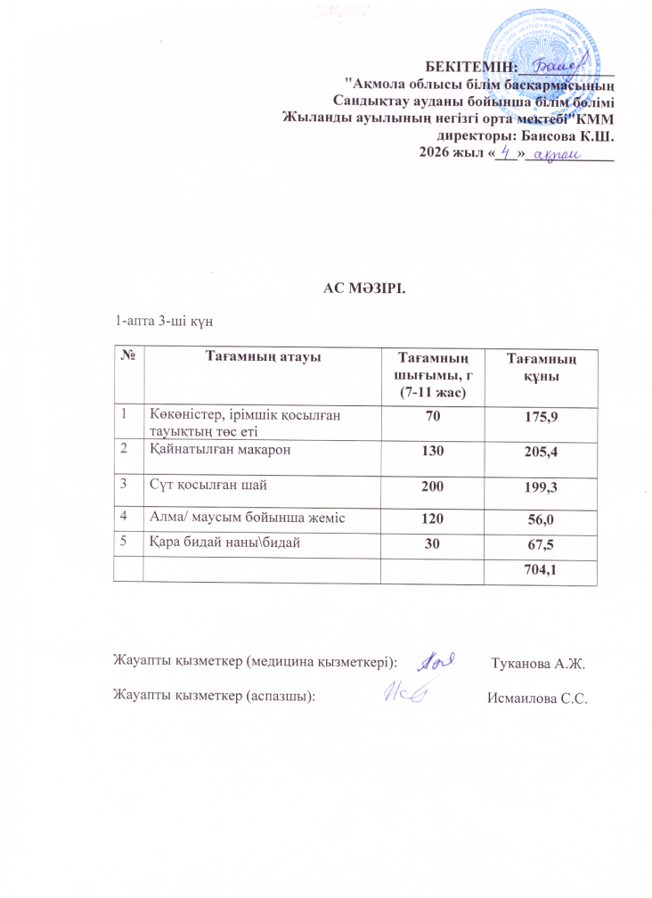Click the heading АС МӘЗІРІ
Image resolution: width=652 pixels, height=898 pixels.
(363, 287)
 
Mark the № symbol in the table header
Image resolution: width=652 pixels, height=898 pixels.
(128, 357)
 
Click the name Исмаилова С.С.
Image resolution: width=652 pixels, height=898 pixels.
(538, 698)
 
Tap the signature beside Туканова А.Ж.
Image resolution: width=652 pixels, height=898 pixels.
(437, 660)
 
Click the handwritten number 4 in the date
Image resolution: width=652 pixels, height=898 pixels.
(506, 153)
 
